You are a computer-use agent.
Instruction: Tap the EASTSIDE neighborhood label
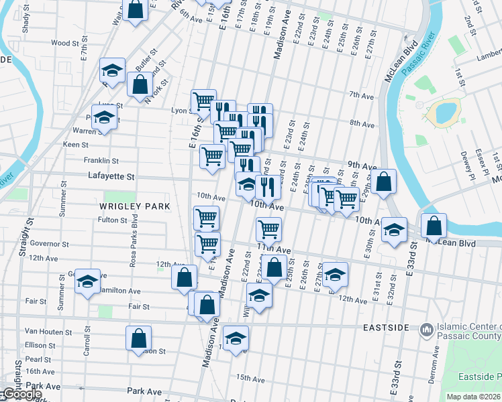(x=386, y=328)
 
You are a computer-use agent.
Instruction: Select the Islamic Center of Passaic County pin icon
(x=425, y=330)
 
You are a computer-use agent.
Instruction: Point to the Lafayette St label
(x=111, y=177)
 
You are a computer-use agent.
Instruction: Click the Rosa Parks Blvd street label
(x=134, y=230)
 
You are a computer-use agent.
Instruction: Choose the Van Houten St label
(x=48, y=332)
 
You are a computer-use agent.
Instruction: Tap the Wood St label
(x=65, y=43)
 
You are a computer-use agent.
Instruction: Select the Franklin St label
(x=101, y=161)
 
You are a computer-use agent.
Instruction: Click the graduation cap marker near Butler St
(x=113, y=70)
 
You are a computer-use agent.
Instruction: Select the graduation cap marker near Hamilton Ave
(x=87, y=281)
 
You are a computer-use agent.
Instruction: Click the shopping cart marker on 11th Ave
(x=268, y=229)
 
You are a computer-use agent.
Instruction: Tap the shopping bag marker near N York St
(x=140, y=84)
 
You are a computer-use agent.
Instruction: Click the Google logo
(x=21, y=394)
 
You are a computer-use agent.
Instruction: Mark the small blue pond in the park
(x=446, y=113)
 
